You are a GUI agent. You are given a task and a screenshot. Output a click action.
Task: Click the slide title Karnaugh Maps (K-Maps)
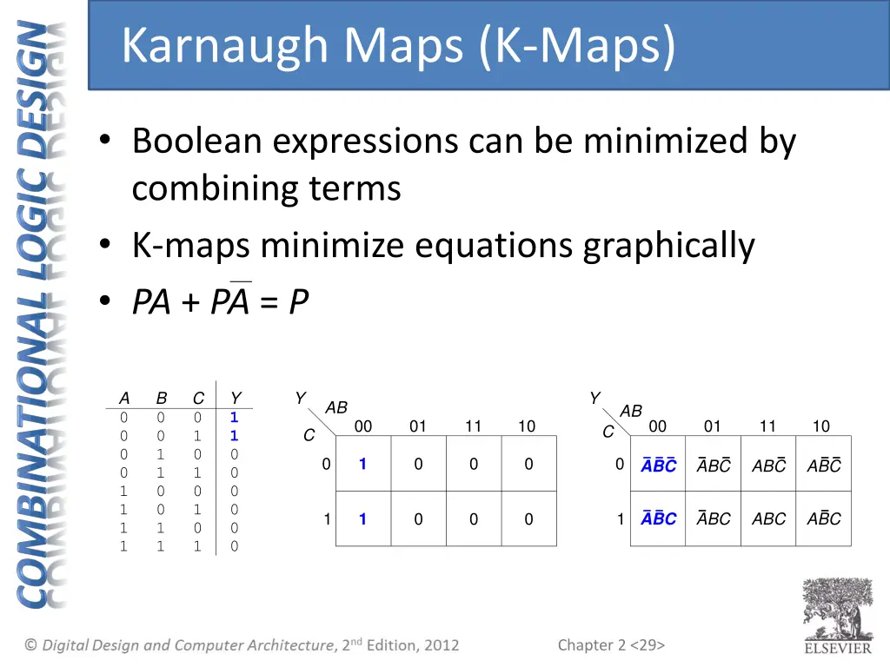click(x=397, y=46)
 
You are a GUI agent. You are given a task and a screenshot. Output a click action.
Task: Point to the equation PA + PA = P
click(x=220, y=302)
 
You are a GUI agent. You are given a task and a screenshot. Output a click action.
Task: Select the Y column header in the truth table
click(x=235, y=399)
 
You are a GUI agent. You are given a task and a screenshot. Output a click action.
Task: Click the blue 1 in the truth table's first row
click(x=234, y=417)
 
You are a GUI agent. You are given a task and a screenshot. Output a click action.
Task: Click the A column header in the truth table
click(x=124, y=399)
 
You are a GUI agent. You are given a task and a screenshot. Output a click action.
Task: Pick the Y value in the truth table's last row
click(x=234, y=546)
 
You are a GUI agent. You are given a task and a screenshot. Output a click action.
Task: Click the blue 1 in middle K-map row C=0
click(x=362, y=464)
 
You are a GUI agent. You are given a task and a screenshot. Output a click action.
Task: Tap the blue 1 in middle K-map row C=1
click(x=362, y=519)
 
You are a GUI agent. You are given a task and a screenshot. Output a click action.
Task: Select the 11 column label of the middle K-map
click(x=473, y=426)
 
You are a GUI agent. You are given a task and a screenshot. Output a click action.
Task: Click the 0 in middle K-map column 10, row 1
click(x=528, y=519)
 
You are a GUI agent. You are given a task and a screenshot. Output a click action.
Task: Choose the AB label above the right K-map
click(x=631, y=411)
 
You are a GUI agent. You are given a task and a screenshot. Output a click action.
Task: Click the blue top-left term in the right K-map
click(x=658, y=466)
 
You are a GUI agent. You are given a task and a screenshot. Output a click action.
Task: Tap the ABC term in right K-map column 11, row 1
click(x=768, y=519)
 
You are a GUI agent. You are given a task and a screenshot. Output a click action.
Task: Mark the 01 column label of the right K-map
click(x=713, y=426)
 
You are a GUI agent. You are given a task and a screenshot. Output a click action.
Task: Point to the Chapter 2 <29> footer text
click(x=611, y=644)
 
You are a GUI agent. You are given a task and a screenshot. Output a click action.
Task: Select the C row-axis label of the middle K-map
click(x=309, y=436)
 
